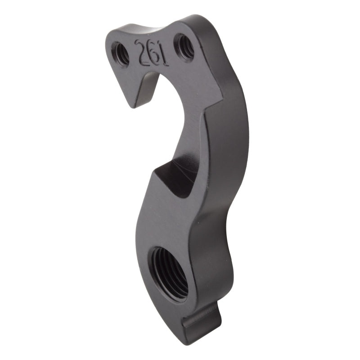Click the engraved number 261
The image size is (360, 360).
[x=152, y=52]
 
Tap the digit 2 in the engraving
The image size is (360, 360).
[x=141, y=48]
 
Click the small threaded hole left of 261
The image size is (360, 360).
[x=121, y=53]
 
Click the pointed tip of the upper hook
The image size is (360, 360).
[x=131, y=106]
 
